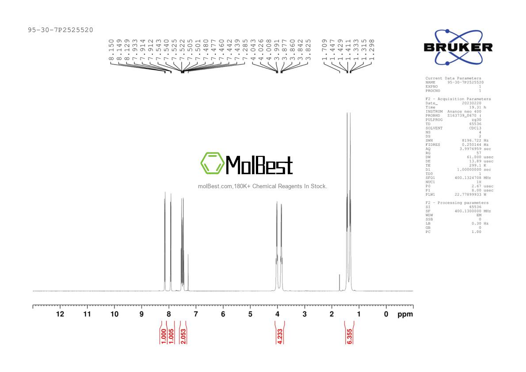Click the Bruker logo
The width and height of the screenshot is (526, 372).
(x=458, y=47)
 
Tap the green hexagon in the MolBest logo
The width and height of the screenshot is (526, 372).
(x=212, y=163)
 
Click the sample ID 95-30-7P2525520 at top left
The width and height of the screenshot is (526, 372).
(x=60, y=30)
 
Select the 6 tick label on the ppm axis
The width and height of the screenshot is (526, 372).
(x=223, y=314)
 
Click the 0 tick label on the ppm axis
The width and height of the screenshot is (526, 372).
(x=386, y=314)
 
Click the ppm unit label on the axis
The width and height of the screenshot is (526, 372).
(x=405, y=314)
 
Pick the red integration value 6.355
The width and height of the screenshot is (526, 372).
(x=350, y=334)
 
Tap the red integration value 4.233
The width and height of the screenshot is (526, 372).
(x=279, y=334)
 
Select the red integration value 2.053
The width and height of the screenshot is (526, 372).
(x=183, y=334)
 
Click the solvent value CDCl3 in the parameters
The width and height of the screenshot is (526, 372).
(x=474, y=128)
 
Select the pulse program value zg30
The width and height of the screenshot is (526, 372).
(x=476, y=120)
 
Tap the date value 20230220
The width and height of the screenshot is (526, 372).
(x=471, y=103)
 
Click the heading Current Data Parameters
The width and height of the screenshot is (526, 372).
(x=453, y=78)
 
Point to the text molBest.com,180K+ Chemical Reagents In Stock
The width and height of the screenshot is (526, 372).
(x=263, y=186)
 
